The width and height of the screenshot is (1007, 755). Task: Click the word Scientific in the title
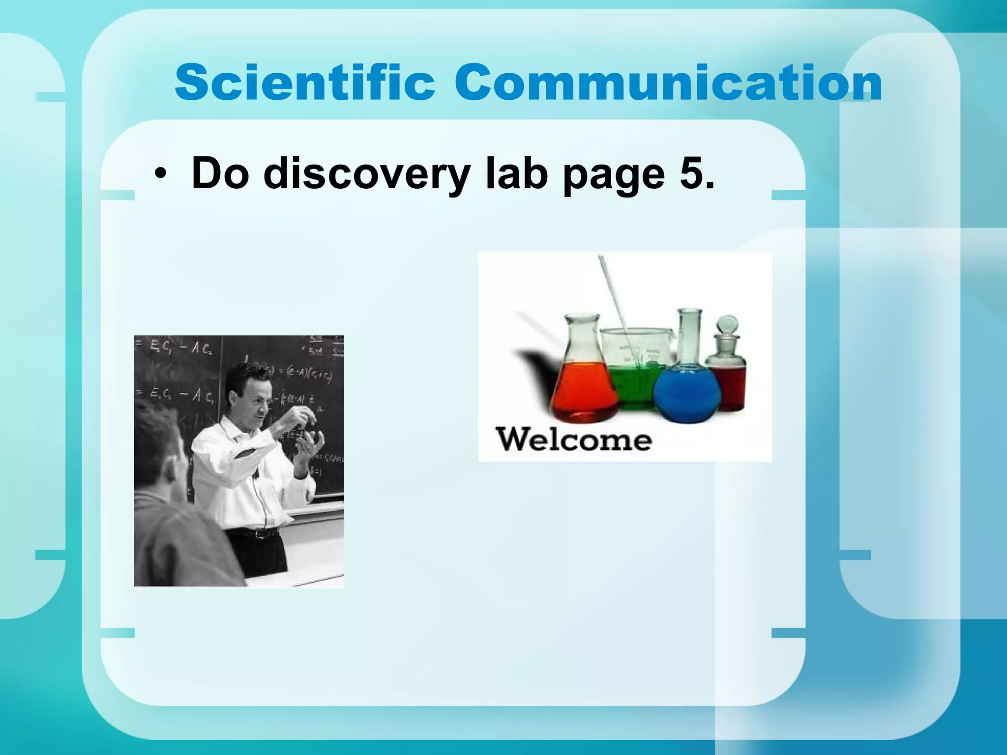coord(305,83)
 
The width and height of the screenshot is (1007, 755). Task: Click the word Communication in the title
coord(668,83)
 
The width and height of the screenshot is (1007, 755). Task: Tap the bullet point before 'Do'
coord(159,175)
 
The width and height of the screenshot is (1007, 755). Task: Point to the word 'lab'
coord(516,173)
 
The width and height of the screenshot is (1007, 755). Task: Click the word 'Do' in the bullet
coord(220,173)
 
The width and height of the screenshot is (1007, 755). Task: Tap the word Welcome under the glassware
coord(574,439)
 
